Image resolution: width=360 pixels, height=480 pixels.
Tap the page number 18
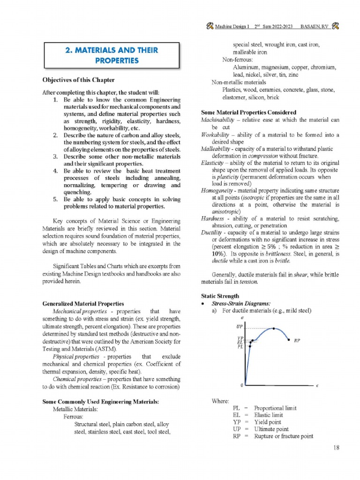(336, 448)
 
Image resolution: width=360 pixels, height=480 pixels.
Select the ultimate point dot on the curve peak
(273, 329)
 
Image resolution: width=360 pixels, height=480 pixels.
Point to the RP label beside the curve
(297, 341)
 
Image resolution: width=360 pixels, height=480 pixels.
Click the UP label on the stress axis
(239, 327)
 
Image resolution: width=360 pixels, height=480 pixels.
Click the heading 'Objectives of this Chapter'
(78, 80)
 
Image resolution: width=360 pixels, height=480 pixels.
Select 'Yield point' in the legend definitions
(267, 422)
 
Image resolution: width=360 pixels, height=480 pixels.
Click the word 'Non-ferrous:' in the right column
(237, 60)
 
